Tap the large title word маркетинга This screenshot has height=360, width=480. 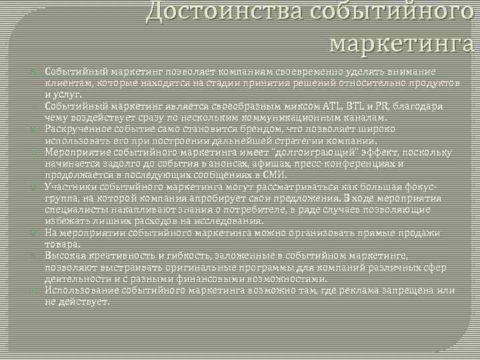click(404, 45)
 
